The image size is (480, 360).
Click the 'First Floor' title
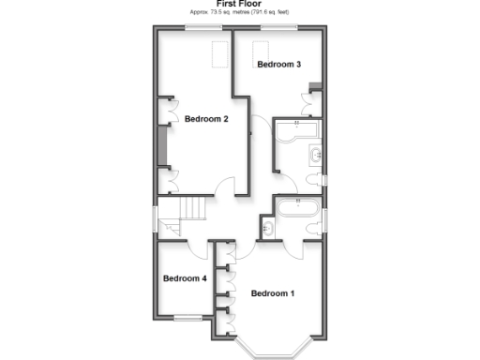click(x=240, y=5)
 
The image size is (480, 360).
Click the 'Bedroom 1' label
click(x=273, y=293)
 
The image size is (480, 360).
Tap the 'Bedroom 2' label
click(x=206, y=119)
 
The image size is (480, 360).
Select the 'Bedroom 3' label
click(x=278, y=65)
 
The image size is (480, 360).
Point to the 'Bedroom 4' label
click(x=185, y=278)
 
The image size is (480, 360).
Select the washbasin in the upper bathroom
click(x=316, y=155)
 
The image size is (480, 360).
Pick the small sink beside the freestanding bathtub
click(x=267, y=226)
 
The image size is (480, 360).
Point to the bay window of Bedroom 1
click(x=273, y=347)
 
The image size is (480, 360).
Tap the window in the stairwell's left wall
click(x=157, y=215)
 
